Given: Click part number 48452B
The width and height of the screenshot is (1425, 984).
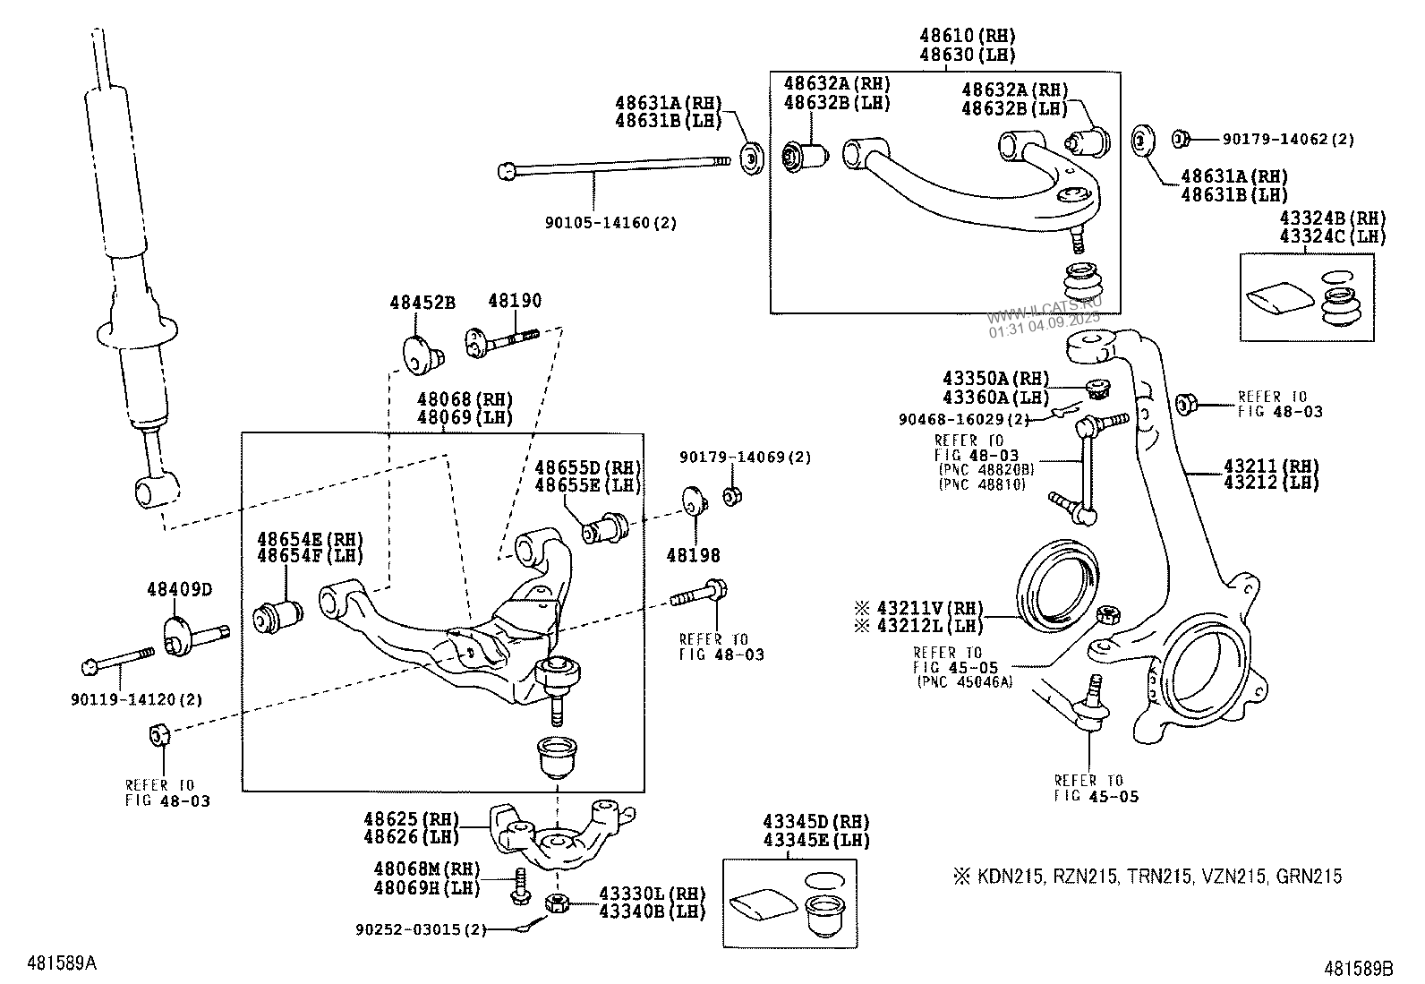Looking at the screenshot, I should coord(422,303).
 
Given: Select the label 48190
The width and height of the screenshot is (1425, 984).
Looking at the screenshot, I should coord(514,301).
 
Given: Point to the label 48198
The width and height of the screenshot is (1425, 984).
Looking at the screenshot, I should coord(693,556).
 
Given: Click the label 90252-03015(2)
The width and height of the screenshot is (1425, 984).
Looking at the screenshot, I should coord(420,929).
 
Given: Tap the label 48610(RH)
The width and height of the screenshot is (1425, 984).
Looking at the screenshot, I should coord(968,37).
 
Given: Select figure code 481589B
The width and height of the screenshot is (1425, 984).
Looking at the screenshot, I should coord(1360,968).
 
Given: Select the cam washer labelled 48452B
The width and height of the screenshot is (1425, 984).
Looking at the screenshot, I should coord(419,352).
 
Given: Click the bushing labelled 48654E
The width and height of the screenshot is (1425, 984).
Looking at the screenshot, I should coord(277,615).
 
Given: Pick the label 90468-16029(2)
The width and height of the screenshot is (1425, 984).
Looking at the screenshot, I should coord(964,419).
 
